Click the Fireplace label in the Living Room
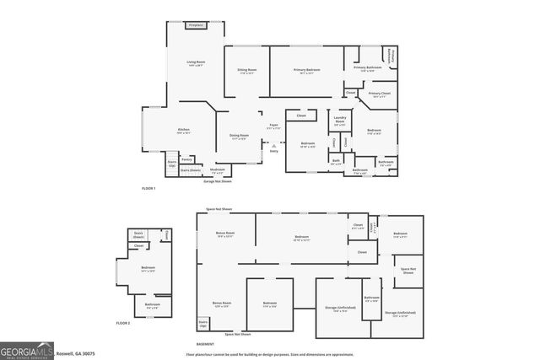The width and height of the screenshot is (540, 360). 196,27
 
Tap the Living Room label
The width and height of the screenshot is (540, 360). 196,62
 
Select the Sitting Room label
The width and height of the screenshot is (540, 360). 247,71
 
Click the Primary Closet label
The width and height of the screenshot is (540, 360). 381,94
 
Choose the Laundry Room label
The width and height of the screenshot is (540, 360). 341,121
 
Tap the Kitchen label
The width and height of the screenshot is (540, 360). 183,130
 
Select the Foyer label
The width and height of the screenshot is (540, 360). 273,126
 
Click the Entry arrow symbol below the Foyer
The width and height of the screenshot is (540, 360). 273,147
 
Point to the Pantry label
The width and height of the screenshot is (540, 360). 188,159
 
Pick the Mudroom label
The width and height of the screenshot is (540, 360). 218,172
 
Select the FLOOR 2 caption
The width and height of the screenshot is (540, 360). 124,323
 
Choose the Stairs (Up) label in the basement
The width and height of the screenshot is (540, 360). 203,323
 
